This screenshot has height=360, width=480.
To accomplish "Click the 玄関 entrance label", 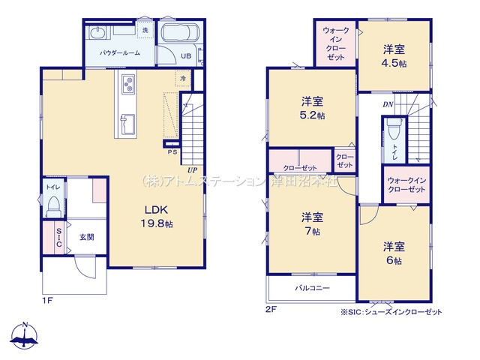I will pyautogui.click(x=87, y=237).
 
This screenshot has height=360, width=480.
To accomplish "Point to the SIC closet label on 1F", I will pyautogui.click(x=58, y=238).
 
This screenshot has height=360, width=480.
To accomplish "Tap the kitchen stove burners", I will pyautogui.click(x=127, y=82).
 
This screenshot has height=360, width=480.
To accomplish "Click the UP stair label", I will pyautogui.click(x=193, y=170).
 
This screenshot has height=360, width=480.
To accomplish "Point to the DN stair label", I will pyautogui.click(x=388, y=104).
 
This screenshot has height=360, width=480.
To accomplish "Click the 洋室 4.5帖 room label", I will pyautogui.click(x=394, y=56).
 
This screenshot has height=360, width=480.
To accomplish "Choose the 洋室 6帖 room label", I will pyautogui.click(x=394, y=253).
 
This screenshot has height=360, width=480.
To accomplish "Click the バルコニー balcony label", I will pyautogui.click(x=312, y=288).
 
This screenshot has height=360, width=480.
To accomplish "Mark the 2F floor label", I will pyautogui.click(x=271, y=308).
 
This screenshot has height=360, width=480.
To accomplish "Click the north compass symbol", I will pyautogui.click(x=25, y=336).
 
